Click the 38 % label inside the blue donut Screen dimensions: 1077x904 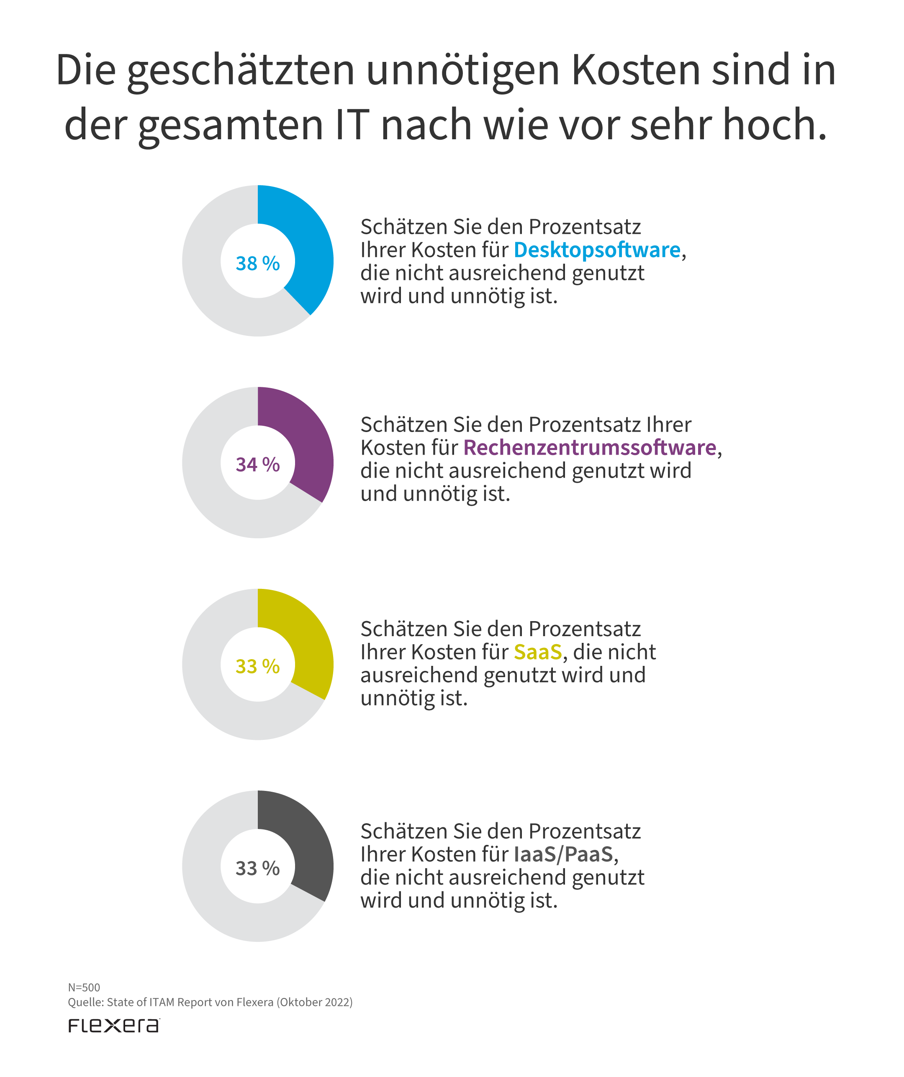[x=257, y=263]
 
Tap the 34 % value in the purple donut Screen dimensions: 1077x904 [x=257, y=465]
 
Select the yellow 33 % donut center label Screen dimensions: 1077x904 [x=257, y=667]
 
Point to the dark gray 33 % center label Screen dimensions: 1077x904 [x=257, y=868]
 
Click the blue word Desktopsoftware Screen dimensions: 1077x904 [x=597, y=250]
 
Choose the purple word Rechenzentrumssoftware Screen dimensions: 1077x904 [x=590, y=448]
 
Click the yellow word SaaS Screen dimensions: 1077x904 [x=538, y=652]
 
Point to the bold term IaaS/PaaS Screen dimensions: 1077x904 [x=563, y=854]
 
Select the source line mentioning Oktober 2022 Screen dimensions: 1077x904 [x=211, y=1002]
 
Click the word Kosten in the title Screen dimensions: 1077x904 [x=636, y=70]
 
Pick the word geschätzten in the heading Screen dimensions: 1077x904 [x=241, y=70]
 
